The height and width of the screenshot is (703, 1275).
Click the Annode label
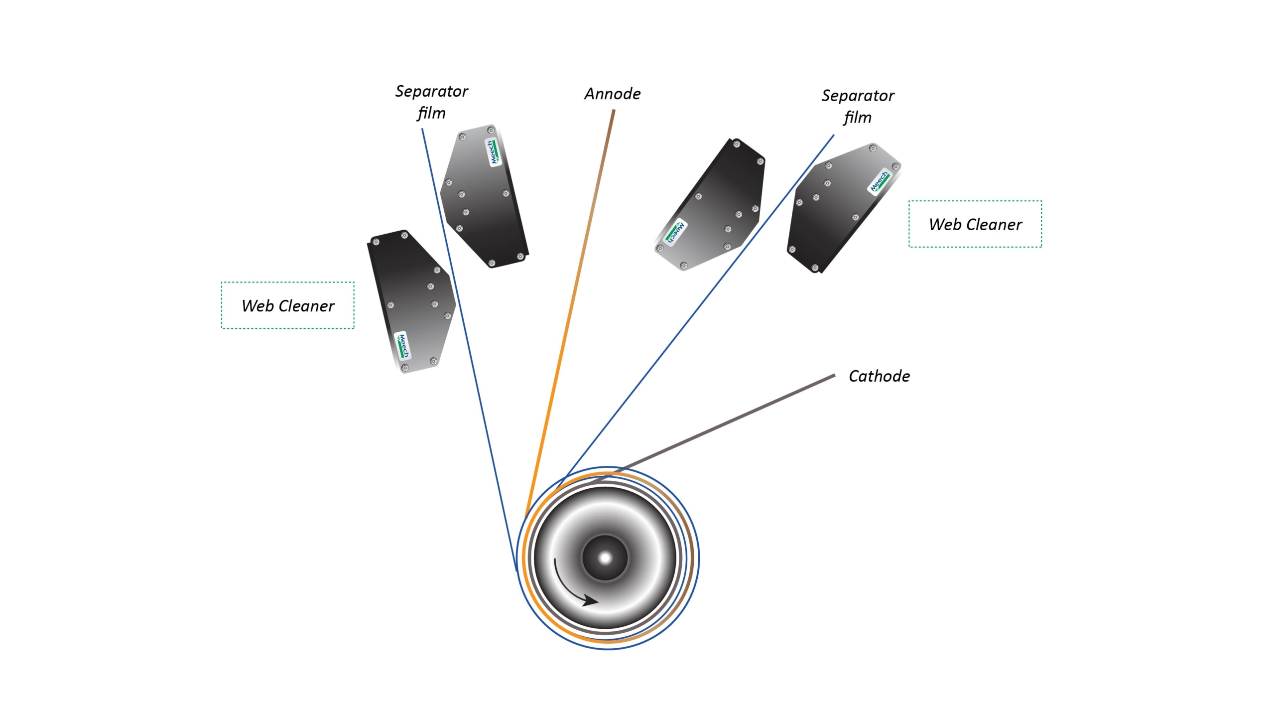[612, 94]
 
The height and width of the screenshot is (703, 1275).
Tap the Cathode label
[879, 376]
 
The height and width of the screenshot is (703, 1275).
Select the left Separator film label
[431, 102]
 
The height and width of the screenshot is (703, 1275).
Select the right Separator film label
[858, 107]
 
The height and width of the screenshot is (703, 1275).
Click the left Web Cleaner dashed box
[288, 282]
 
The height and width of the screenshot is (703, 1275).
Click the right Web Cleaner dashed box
[975, 201]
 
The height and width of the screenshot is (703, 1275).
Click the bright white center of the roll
[605, 558]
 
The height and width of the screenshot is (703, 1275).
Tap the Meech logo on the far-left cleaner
[402, 345]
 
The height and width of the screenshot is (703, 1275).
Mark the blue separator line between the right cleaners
[695, 311]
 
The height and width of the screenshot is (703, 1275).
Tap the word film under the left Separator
[431, 114]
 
